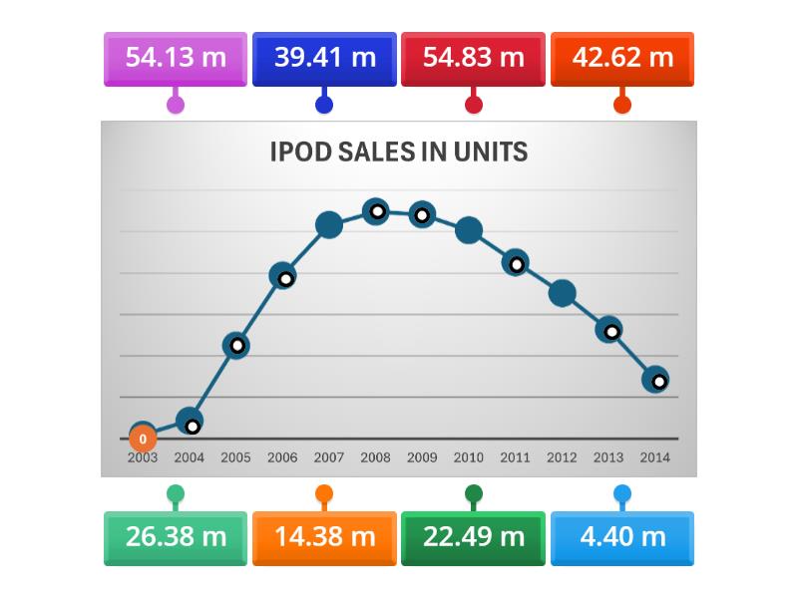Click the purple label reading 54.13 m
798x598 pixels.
click(x=176, y=58)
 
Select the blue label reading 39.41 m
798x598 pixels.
click(x=324, y=58)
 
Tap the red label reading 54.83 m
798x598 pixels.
click(x=473, y=58)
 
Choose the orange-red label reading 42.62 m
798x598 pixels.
click(x=622, y=58)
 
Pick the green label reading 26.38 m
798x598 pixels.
click(x=176, y=537)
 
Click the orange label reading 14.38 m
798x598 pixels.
click(x=324, y=537)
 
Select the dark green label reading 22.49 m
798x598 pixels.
click(x=473, y=537)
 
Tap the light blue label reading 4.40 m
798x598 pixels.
click(x=622, y=537)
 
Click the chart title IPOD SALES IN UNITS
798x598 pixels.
click(x=399, y=152)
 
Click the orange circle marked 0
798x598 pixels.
click(x=143, y=439)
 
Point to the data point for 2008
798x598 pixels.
click(x=375, y=210)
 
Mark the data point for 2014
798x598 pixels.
click(x=655, y=380)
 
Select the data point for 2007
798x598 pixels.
click(x=329, y=225)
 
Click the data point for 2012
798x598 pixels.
click(x=563, y=293)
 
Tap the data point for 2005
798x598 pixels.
click(x=235, y=346)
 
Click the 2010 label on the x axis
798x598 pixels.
click(x=469, y=458)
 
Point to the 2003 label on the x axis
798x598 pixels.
click(x=143, y=458)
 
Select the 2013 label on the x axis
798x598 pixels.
click(x=608, y=458)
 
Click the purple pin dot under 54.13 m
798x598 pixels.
click(x=176, y=104)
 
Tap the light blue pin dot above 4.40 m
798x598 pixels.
click(x=622, y=493)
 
